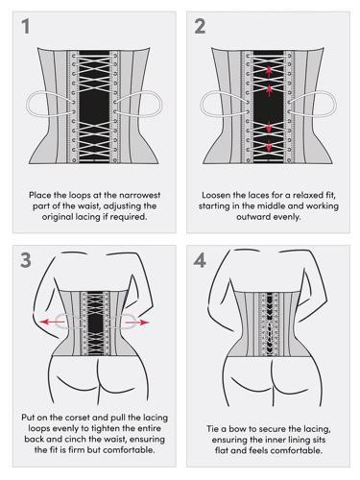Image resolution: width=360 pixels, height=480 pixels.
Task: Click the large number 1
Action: pos(26,26)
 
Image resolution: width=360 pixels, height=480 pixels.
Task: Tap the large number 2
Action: pos(200,26)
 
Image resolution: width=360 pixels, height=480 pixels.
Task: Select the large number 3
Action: pos(26,260)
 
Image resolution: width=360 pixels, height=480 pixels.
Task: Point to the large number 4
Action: pos(200,260)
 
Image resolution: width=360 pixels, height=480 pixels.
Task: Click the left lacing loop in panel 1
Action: pos(28,104)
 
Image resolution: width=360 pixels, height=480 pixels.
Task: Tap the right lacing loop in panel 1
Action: pos(160,104)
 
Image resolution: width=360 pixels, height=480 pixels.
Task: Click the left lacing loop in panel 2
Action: pos(202,104)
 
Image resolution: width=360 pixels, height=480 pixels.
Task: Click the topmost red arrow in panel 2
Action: pos(269,71)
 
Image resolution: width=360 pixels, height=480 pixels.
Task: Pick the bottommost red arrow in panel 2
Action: pos(269,146)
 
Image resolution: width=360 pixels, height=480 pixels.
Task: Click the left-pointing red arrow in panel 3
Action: pos(52,322)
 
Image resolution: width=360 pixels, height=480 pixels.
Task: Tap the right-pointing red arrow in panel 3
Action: pos(137,323)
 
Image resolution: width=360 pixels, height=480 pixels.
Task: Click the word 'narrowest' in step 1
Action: pos(139,195)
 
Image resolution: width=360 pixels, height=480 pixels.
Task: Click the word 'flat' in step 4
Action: pos(222,450)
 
